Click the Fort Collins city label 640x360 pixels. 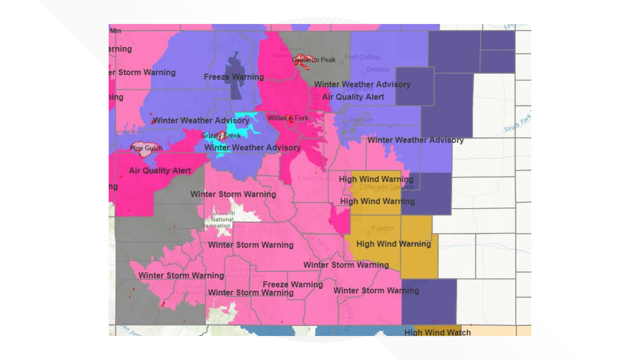362,57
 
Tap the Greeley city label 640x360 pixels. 377,69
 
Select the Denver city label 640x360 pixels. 361,120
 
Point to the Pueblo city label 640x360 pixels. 382,228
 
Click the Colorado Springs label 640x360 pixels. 386,187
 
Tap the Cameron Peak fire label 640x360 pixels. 314,60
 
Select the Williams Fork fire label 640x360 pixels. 288,118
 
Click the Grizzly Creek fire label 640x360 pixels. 221,136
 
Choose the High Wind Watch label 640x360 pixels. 437,332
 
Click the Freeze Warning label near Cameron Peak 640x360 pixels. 234,77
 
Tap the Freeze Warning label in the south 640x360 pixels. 293,284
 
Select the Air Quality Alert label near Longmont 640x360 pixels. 353,97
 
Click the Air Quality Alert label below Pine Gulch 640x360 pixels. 160,171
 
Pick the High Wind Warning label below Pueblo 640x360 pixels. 393,244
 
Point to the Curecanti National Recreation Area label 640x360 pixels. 222,219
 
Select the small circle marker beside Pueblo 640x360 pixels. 368,233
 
